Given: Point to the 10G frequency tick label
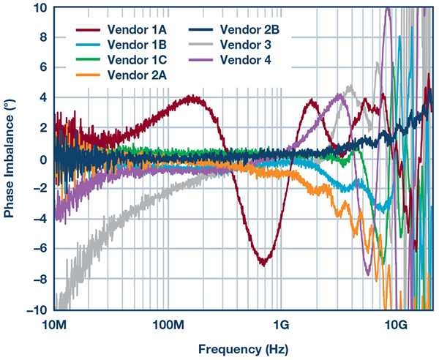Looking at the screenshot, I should point(396,323).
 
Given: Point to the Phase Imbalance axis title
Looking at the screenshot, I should point(10,158).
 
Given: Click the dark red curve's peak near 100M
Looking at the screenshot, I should point(192,97).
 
